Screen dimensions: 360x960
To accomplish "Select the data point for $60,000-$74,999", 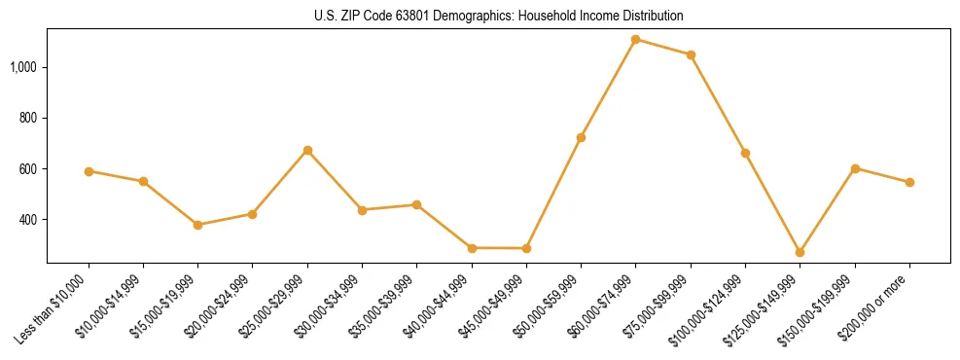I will point(635,40).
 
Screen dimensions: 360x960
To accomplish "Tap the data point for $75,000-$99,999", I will point(691,54).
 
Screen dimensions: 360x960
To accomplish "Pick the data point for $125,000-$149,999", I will point(800,252).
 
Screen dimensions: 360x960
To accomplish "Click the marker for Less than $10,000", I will point(89,171).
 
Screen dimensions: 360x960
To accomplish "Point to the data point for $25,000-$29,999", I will point(307,150).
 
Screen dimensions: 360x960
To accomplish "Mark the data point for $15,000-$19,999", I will point(197,225).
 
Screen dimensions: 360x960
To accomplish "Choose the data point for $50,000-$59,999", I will point(581,137).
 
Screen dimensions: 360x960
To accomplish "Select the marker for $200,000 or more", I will point(909,182).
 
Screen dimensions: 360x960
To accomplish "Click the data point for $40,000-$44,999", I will point(472,248).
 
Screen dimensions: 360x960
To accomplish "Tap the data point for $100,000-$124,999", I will point(745,153).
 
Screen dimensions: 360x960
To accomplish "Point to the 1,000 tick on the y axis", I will point(25,67).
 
